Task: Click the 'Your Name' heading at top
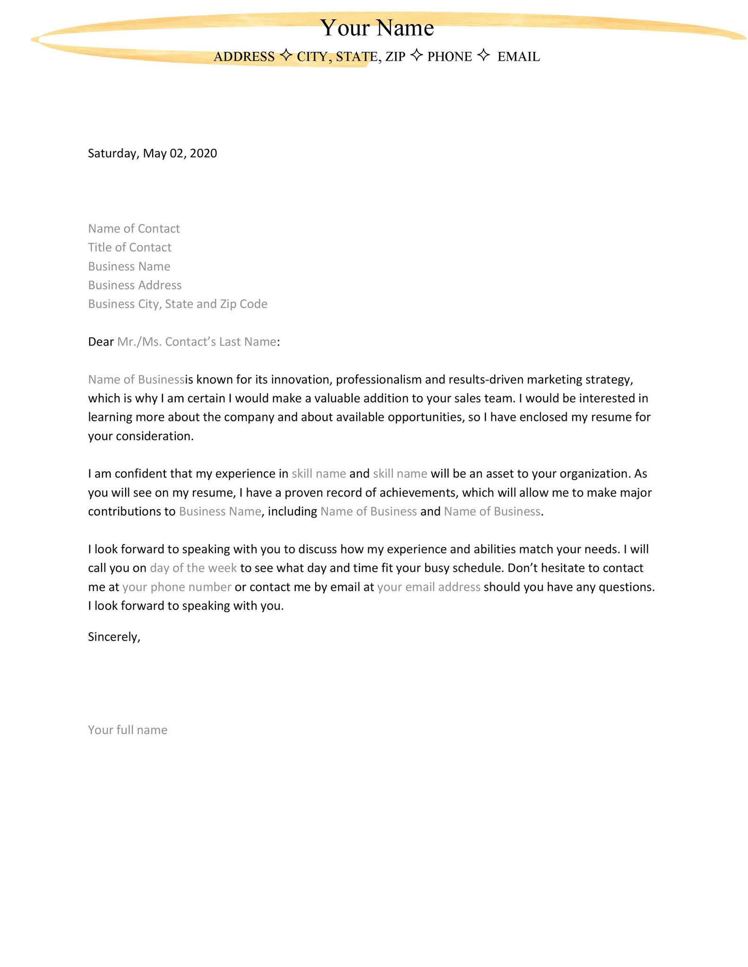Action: coord(377,28)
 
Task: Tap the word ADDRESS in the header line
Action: coord(244,57)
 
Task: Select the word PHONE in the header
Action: coord(449,57)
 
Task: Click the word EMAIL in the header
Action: coord(518,57)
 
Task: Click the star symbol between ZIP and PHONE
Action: coord(416,55)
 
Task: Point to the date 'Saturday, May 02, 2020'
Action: coord(152,153)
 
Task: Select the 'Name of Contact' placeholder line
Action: coord(134,229)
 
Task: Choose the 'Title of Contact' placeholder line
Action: coord(129,247)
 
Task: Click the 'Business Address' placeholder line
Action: coord(135,285)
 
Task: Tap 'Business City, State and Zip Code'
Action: coord(178,304)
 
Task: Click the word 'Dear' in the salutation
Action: coord(101,342)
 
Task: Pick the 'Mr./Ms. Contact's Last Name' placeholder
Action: coord(197,342)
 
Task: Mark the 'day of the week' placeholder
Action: coord(193,568)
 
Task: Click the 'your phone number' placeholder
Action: coord(177,587)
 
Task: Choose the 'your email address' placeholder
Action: coord(429,587)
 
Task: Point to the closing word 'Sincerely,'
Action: coord(114,637)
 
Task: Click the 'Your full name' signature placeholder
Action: coord(128,730)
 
